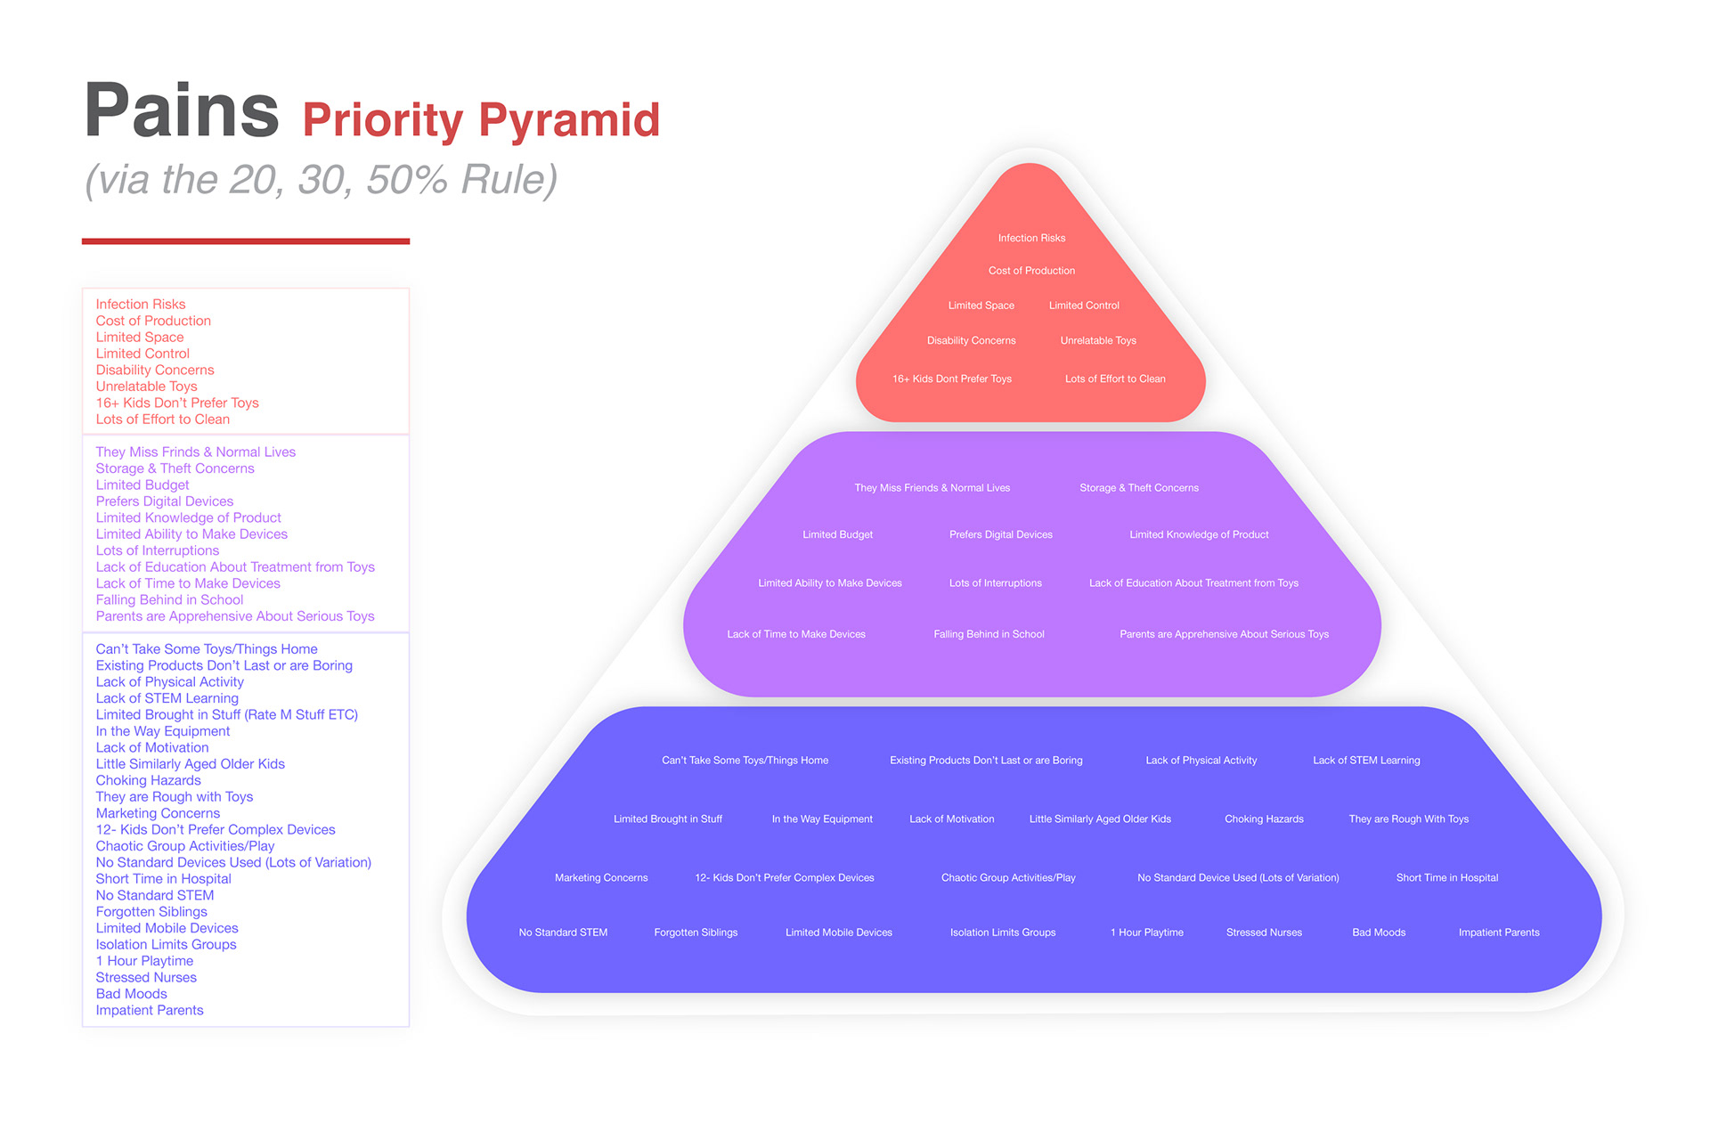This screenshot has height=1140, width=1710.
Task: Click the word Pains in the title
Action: coord(182,110)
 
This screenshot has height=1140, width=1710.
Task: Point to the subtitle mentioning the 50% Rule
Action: coord(322,180)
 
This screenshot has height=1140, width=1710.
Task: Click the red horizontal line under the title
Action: coord(246,241)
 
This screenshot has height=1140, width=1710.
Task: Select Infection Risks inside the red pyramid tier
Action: coord(1031,238)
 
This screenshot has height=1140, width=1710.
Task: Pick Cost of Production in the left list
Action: coord(153,321)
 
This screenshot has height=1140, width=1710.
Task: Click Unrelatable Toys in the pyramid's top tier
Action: coord(1098,340)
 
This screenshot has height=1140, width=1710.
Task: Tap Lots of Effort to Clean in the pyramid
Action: coord(1115,379)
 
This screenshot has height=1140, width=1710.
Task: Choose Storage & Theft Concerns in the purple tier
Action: coord(1139,488)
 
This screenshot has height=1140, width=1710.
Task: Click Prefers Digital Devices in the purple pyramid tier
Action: coord(1001,534)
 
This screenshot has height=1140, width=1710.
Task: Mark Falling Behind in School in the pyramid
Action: coord(989,634)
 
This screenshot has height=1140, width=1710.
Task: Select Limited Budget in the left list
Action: coord(142,485)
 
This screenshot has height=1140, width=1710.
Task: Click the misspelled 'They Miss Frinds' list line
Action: coord(196,452)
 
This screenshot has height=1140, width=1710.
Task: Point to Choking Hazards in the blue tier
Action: coord(1264,819)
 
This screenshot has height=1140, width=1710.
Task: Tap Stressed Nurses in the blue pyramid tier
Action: coord(1264,932)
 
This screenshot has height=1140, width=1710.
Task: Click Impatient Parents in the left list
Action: coord(150,1010)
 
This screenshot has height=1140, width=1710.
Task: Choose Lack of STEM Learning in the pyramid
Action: coord(1366,761)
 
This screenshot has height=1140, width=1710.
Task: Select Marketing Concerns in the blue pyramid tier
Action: coord(601,878)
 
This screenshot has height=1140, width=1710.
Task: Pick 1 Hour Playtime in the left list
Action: coord(144,961)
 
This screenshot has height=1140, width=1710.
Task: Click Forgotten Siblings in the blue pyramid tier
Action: coord(696,932)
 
